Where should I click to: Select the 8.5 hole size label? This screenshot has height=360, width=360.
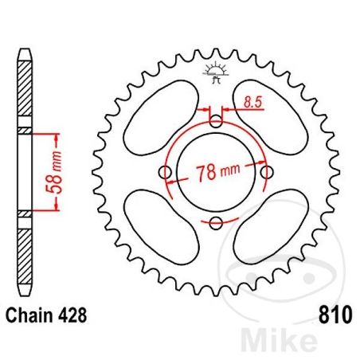(253, 102)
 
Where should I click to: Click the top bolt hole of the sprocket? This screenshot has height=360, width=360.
(216, 122)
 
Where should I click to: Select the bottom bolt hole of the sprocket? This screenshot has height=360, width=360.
(216, 223)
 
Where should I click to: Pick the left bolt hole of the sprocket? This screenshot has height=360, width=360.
(166, 173)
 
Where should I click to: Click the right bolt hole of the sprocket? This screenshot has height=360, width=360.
(267, 173)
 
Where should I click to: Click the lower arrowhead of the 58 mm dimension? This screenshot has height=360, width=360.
(55, 211)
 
